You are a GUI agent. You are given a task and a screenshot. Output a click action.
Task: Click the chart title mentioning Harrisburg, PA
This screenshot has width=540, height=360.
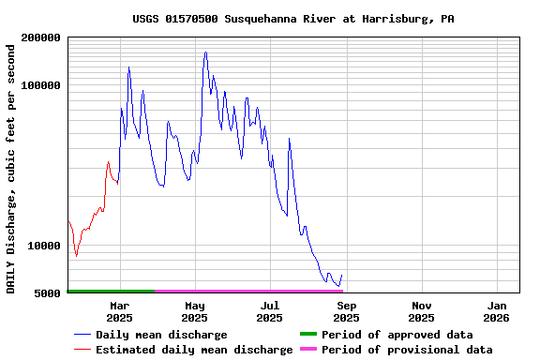pyautogui.click(x=293, y=19)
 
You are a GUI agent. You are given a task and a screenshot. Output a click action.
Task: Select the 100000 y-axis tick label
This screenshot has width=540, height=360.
pyautogui.click(x=40, y=85)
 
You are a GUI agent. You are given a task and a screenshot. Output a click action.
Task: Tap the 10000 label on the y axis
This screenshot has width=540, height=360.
pyautogui.click(x=43, y=246)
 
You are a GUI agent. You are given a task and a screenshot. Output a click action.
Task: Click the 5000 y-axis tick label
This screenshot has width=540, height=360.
pyautogui.click(x=47, y=293)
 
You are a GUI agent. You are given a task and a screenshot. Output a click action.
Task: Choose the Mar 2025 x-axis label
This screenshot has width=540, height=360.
pyautogui.click(x=119, y=311)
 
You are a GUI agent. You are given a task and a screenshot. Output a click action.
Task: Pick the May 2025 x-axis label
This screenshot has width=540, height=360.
pyautogui.click(x=194, y=311)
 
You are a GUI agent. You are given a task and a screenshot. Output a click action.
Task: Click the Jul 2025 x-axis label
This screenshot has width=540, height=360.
pyautogui.click(x=269, y=311)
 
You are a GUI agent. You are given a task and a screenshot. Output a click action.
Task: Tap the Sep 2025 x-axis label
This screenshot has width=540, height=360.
pyautogui.click(x=346, y=311)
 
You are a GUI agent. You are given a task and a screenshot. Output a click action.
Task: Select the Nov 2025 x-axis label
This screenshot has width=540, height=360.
pyautogui.click(x=422, y=311)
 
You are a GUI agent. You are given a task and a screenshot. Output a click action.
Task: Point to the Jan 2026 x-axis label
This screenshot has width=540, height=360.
pyautogui.click(x=497, y=311)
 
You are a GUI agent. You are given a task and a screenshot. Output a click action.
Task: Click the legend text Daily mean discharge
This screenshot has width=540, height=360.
pyautogui.click(x=161, y=335)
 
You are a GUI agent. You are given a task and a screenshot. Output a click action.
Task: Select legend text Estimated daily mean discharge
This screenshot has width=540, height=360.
pyautogui.click(x=194, y=350)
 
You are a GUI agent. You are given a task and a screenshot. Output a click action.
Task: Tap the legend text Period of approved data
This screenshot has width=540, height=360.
pyautogui.click(x=397, y=335)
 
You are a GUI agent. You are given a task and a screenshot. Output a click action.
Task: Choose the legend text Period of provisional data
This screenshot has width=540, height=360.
pyautogui.click(x=407, y=350)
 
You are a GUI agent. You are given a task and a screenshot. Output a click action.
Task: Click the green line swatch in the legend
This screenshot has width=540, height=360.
pyautogui.click(x=308, y=335)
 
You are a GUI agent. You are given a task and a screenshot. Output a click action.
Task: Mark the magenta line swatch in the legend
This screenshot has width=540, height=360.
pyautogui.click(x=308, y=350)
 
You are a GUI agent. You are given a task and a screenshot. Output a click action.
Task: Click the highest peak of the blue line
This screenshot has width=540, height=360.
pyautogui.click(x=205, y=52)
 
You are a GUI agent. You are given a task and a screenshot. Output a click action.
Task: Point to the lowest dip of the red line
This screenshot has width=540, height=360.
pyautogui.click(x=76, y=255)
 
